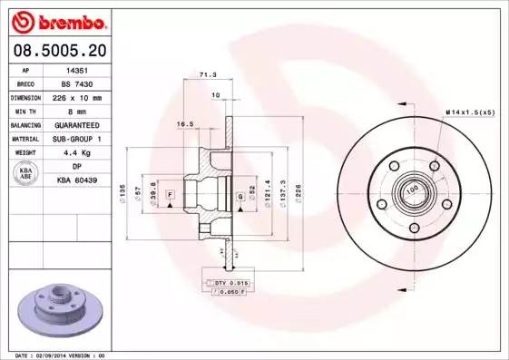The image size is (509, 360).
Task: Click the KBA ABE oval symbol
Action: (x=27, y=173)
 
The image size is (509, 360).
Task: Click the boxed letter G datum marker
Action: (x=240, y=196)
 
